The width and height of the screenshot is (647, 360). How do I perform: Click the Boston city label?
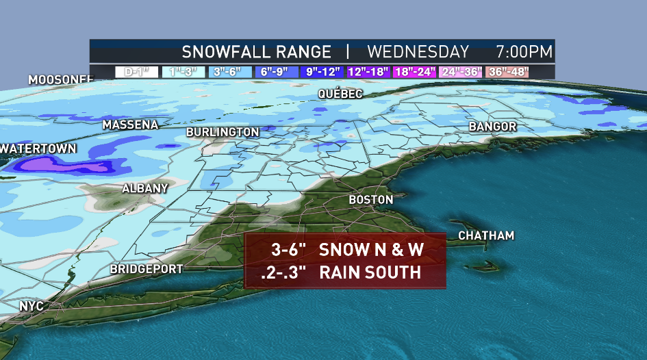point(371,200)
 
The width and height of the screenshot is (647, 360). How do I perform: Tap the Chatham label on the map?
point(486,236)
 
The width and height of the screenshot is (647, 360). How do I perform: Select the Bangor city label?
point(492,127)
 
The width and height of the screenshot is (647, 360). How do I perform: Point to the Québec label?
point(340,94)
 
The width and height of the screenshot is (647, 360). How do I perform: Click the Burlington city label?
point(223,131)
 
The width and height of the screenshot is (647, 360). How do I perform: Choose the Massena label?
point(130,125)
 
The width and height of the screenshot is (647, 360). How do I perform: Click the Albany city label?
point(144,188)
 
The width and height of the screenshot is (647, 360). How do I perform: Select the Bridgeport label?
point(147,270)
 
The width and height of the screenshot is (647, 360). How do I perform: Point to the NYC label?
point(31,306)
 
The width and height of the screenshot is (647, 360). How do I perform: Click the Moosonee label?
point(60,80)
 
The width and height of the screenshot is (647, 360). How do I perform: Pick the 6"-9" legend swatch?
point(276,71)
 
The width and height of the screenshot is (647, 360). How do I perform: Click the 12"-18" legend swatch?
point(368,71)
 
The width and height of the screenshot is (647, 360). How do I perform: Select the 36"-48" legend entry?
point(507,71)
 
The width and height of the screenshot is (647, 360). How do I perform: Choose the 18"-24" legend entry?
point(414,71)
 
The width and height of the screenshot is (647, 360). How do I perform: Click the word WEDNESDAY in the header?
point(418,52)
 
